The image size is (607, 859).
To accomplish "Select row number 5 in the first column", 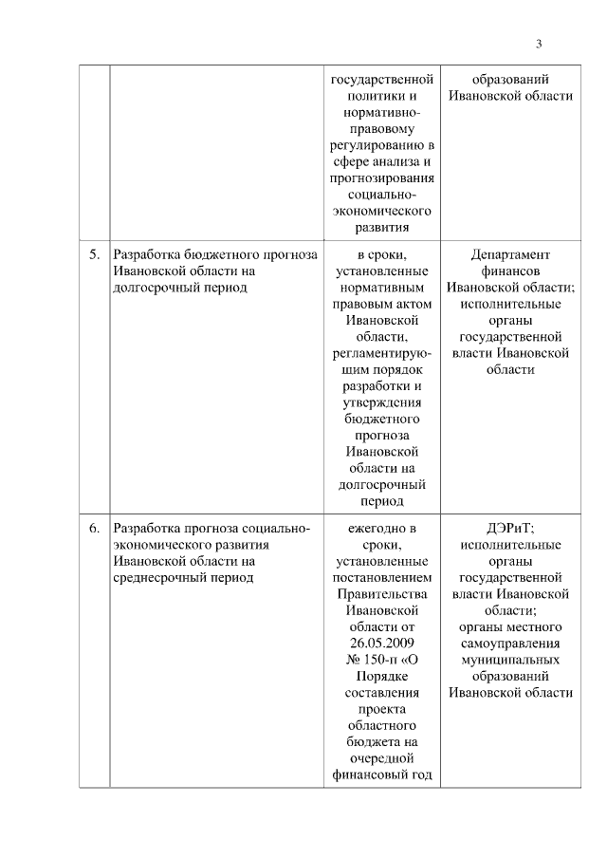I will pos(94,254).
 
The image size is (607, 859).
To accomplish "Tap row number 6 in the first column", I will pos(94,528).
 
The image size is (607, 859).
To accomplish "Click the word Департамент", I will pos(510,254).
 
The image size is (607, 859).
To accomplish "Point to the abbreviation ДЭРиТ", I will pos(510,528).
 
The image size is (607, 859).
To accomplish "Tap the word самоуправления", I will pos(510,644).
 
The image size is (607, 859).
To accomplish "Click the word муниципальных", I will pos(510,660).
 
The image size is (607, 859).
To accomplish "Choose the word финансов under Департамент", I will pos(510,271).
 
